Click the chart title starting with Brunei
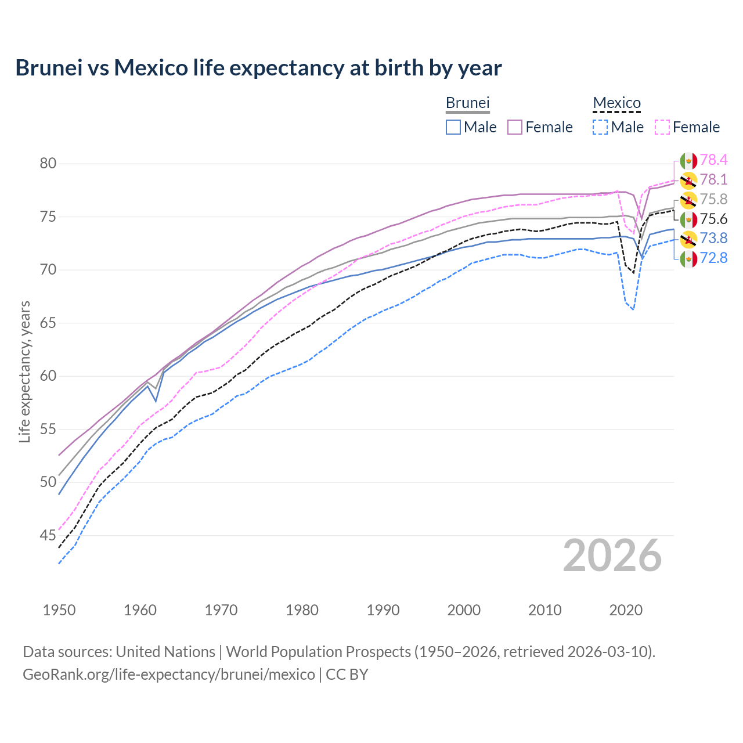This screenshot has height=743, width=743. click(x=258, y=68)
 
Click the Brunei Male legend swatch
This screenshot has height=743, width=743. click(x=453, y=127)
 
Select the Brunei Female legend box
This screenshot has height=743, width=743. click(x=515, y=127)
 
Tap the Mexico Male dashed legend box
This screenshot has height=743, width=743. click(x=600, y=127)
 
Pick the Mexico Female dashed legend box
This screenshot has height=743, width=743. click(x=662, y=127)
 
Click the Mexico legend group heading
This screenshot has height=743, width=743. click(x=616, y=103)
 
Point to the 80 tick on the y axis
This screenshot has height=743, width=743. click(x=48, y=164)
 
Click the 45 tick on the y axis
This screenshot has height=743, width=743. click(x=48, y=535)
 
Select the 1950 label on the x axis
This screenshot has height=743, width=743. click(x=59, y=610)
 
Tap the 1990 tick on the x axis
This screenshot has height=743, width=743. click(x=383, y=610)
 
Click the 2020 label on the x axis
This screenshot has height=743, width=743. click(x=626, y=610)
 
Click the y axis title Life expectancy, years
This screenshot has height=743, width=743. click(x=24, y=371)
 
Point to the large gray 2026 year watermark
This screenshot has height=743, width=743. click(x=612, y=556)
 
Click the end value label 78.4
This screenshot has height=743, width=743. click(x=713, y=160)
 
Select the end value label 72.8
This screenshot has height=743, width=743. click(x=713, y=258)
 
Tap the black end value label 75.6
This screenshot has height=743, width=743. click(x=713, y=219)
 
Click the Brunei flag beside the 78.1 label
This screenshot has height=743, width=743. click(x=688, y=181)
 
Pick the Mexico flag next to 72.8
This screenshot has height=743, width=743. click(x=688, y=259)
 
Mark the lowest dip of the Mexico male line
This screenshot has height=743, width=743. click(x=633, y=309)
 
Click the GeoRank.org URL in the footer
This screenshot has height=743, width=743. click(x=168, y=675)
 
